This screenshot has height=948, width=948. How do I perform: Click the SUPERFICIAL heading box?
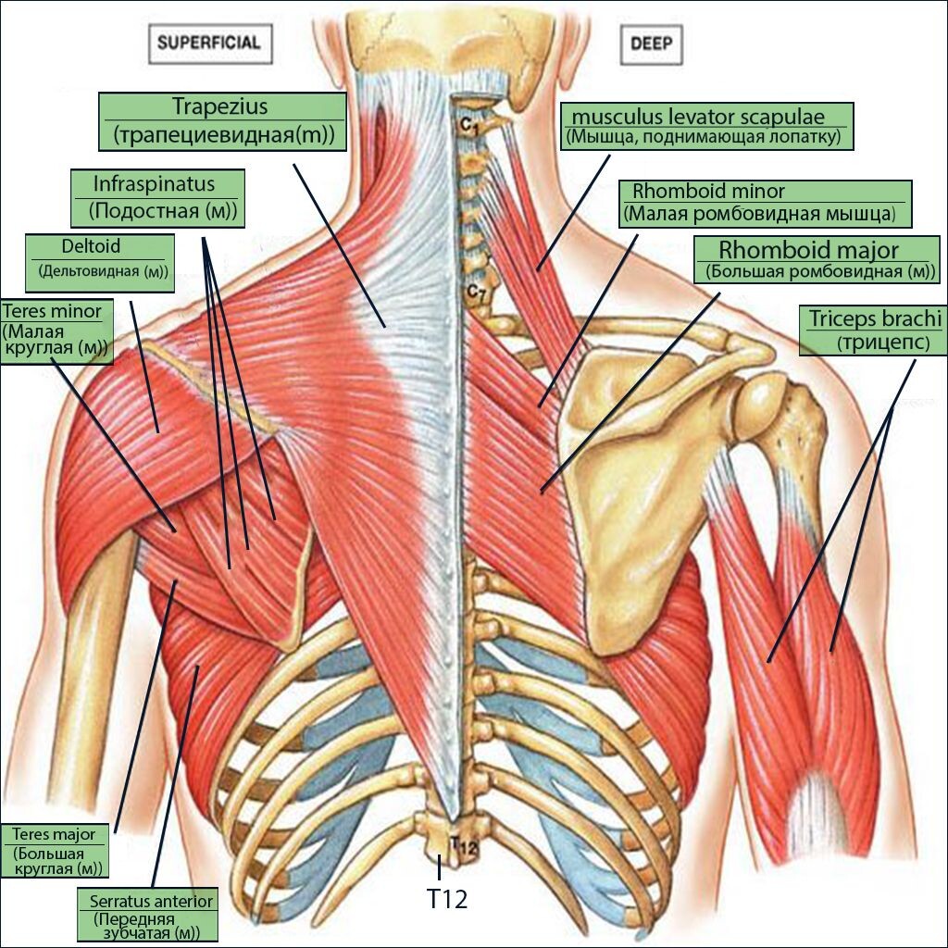pyautogui.click(x=210, y=44)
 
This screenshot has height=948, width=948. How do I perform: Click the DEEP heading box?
pyautogui.click(x=651, y=44)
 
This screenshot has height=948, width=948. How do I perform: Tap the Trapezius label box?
pyautogui.click(x=222, y=121)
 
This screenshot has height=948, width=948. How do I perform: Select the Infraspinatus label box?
pyautogui.click(x=157, y=198)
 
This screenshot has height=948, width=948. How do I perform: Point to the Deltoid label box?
pyautogui.click(x=100, y=263)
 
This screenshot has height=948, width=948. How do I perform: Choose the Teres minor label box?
pyautogui.click(x=56, y=331)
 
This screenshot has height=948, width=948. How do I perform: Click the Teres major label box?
pyautogui.click(x=55, y=851)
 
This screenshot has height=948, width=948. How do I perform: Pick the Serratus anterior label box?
pyautogui.click(x=147, y=915)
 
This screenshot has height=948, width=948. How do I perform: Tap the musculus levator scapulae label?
pyautogui.click(x=706, y=126)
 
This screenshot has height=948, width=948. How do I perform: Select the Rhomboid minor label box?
pyautogui.click(x=765, y=204)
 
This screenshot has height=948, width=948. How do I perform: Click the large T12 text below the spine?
pyautogui.click(x=447, y=899)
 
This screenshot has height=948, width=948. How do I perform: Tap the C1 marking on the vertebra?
pyautogui.click(x=468, y=126)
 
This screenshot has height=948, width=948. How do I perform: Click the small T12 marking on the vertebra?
pyautogui.click(x=464, y=844)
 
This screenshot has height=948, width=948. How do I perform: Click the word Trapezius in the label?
pyautogui.click(x=220, y=106)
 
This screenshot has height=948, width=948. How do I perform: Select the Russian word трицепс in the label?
pyautogui.click(x=883, y=343)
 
